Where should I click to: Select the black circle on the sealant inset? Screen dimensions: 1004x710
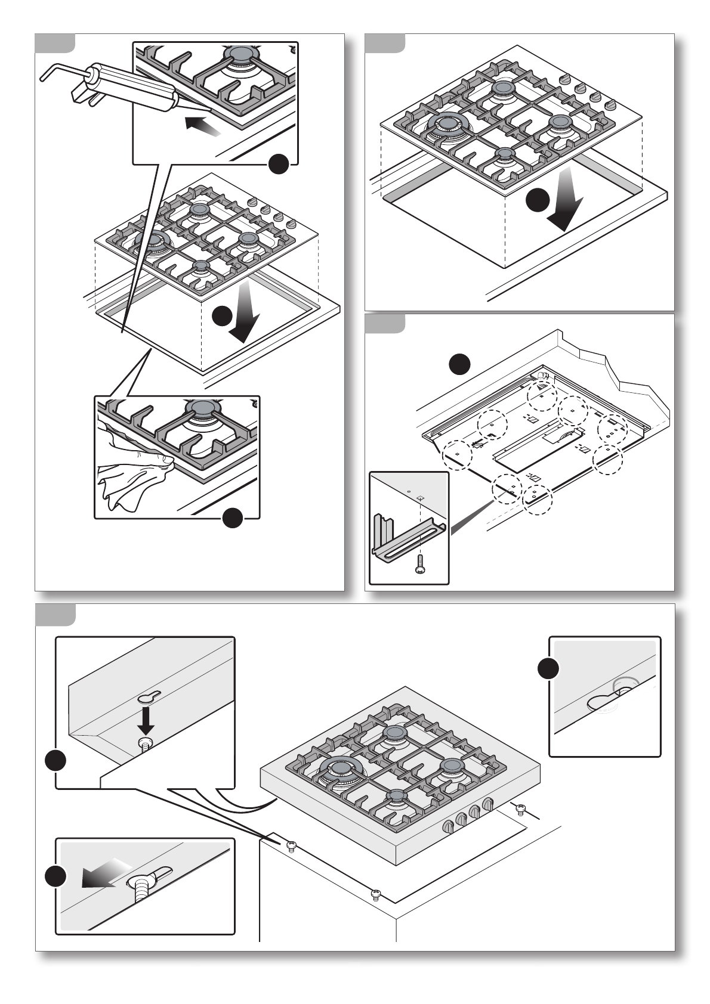279,164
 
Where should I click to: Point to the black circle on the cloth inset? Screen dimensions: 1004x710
232,518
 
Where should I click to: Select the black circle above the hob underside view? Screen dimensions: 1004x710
459,363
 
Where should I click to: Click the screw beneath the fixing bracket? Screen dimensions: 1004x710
421,563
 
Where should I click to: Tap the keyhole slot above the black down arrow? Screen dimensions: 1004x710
147,698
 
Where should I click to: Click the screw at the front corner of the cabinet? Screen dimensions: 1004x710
375,894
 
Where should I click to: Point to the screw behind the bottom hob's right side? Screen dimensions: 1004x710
520,808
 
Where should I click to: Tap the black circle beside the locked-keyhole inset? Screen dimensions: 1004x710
548,668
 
